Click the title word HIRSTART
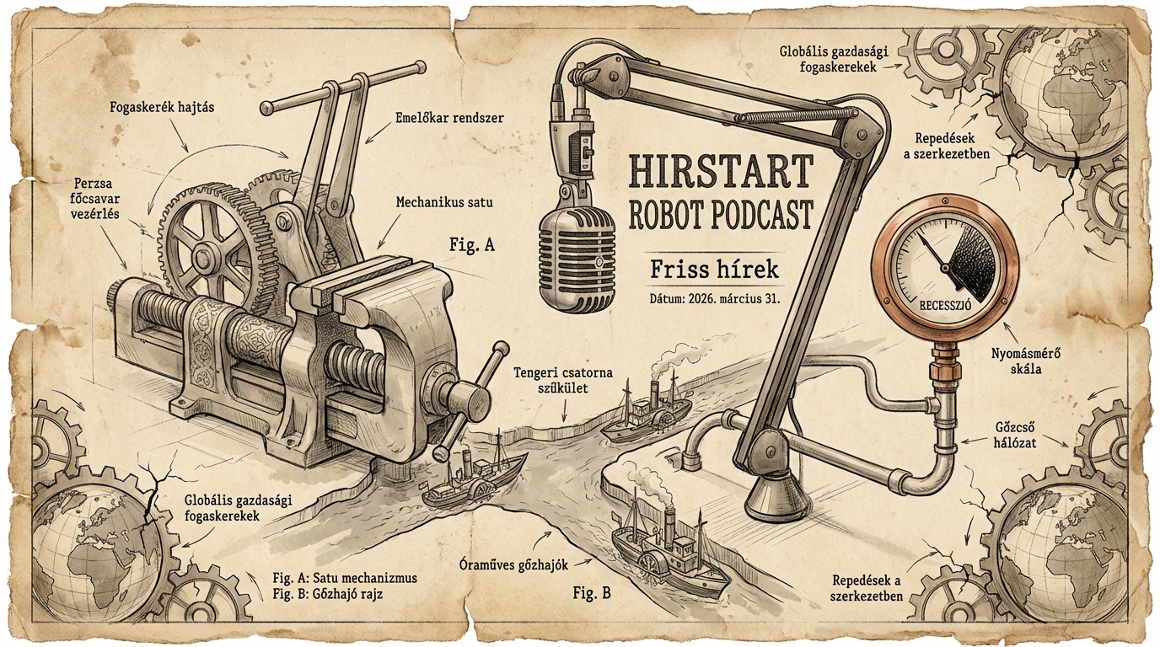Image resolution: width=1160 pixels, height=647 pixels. coord(721,172)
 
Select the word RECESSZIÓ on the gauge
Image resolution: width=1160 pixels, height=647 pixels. coord(943,306)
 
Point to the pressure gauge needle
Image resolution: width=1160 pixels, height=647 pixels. coord(936,257)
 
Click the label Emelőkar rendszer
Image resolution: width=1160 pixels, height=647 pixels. coord(448,119)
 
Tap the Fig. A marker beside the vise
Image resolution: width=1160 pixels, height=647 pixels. coord(470,246)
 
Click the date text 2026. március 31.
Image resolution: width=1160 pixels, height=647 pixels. coord(714,299)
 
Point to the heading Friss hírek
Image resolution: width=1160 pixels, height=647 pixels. coord(714,270)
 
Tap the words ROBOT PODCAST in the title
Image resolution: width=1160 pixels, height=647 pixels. coord(721,215)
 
